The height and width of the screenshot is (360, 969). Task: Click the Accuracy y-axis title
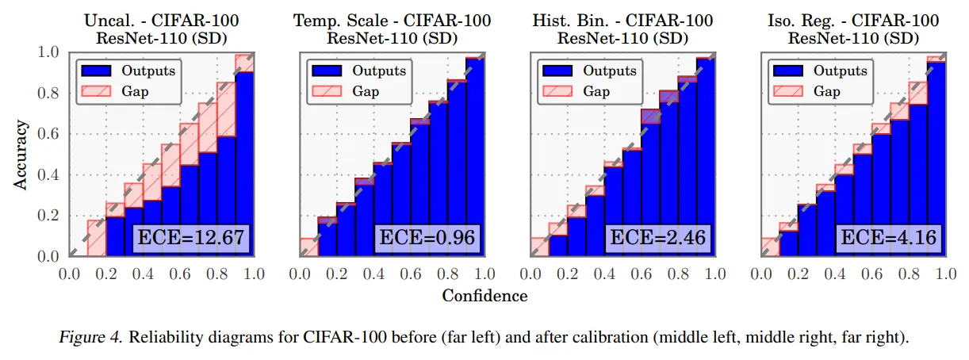pyautogui.click(x=21, y=155)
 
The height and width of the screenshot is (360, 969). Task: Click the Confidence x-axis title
pyautogui.click(x=484, y=296)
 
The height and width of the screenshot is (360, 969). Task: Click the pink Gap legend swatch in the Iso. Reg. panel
pyautogui.click(x=788, y=91)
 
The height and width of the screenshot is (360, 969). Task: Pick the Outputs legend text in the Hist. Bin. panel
pyautogui.click(x=610, y=71)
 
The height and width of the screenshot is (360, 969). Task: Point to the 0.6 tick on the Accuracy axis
pyautogui.click(x=50, y=134)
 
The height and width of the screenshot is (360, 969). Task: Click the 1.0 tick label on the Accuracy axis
pyautogui.click(x=50, y=52)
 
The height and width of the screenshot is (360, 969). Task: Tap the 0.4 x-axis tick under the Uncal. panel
pyautogui.click(x=143, y=274)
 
